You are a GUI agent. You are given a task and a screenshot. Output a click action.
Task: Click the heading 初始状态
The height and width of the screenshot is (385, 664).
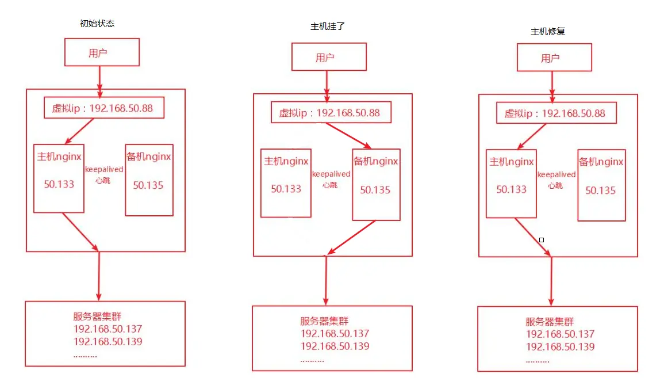click(97, 24)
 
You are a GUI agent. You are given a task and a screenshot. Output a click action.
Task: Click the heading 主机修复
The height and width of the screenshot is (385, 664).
click(547, 31)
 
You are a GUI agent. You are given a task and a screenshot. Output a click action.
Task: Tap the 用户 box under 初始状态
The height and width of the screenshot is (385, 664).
click(102, 52)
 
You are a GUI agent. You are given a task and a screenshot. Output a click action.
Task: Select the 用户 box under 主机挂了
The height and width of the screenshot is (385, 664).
click(329, 57)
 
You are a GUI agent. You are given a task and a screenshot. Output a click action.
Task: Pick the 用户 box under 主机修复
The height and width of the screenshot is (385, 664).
click(554, 58)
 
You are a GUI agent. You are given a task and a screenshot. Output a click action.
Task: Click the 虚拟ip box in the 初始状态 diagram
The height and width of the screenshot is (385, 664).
click(103, 108)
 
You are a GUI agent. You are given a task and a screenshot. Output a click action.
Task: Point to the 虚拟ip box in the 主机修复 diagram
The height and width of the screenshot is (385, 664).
click(556, 113)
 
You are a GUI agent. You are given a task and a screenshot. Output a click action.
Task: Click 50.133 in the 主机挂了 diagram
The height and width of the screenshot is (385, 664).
click(286, 189)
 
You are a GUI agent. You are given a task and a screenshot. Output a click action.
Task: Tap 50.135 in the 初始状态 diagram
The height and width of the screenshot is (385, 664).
click(148, 185)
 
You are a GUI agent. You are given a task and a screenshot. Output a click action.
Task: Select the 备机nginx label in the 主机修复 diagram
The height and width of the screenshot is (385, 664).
click(601, 162)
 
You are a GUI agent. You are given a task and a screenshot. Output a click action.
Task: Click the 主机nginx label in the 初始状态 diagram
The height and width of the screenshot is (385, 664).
click(59, 157)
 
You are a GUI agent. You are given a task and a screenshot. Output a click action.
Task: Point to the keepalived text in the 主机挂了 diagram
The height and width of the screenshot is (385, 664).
click(331, 174)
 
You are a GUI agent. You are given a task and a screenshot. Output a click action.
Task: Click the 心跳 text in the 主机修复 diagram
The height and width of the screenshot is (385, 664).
click(555, 185)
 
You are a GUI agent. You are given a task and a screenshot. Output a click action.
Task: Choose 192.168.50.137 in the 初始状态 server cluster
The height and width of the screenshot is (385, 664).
click(108, 329)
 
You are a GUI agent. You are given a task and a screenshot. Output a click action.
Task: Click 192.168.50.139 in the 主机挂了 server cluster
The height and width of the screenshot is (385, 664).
click(335, 346)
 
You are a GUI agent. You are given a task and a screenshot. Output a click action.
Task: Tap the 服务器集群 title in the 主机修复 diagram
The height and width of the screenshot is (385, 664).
click(549, 322)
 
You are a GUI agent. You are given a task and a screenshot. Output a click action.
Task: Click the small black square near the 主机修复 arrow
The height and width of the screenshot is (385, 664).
click(541, 239)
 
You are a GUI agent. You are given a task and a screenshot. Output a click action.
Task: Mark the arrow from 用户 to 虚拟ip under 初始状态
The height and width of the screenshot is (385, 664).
click(100, 81)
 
